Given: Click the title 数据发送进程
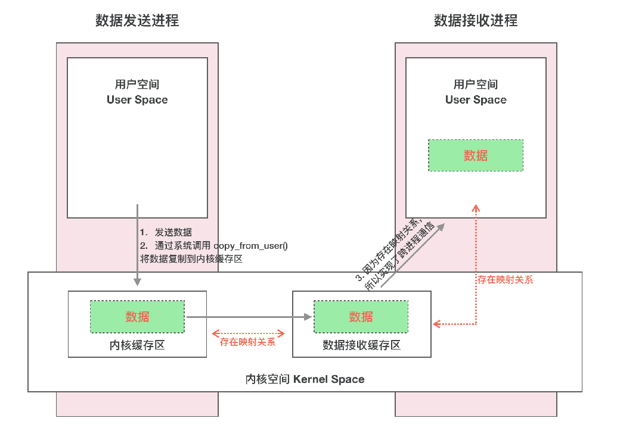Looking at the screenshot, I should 137,21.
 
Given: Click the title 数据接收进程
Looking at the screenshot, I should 475,21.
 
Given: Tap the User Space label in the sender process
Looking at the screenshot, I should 137,100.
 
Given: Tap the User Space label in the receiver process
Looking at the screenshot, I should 476,100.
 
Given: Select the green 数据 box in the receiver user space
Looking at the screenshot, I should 476,155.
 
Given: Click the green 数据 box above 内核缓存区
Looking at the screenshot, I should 137,316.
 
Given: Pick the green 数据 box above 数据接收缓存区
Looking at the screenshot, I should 361,316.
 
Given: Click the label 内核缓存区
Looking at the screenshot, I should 137,345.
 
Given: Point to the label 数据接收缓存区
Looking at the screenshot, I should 361,345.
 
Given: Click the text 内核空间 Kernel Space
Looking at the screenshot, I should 305,379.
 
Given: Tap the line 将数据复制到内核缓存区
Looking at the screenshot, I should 191,259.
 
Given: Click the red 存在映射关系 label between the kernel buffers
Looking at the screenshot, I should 247,342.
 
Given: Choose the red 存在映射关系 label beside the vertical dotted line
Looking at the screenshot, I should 505,279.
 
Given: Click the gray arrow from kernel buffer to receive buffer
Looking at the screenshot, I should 250,317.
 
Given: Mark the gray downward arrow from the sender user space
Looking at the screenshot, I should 138,244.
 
